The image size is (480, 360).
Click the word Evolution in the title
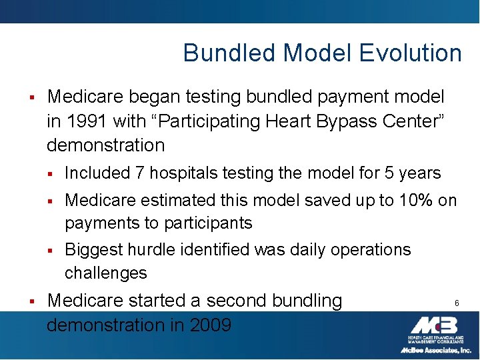[x=408, y=53]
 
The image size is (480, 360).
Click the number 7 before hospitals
[x=139, y=173]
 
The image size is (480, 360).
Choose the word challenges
[x=105, y=273]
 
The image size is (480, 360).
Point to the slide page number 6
[x=457, y=303]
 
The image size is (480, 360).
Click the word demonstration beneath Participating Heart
[x=105, y=145]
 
